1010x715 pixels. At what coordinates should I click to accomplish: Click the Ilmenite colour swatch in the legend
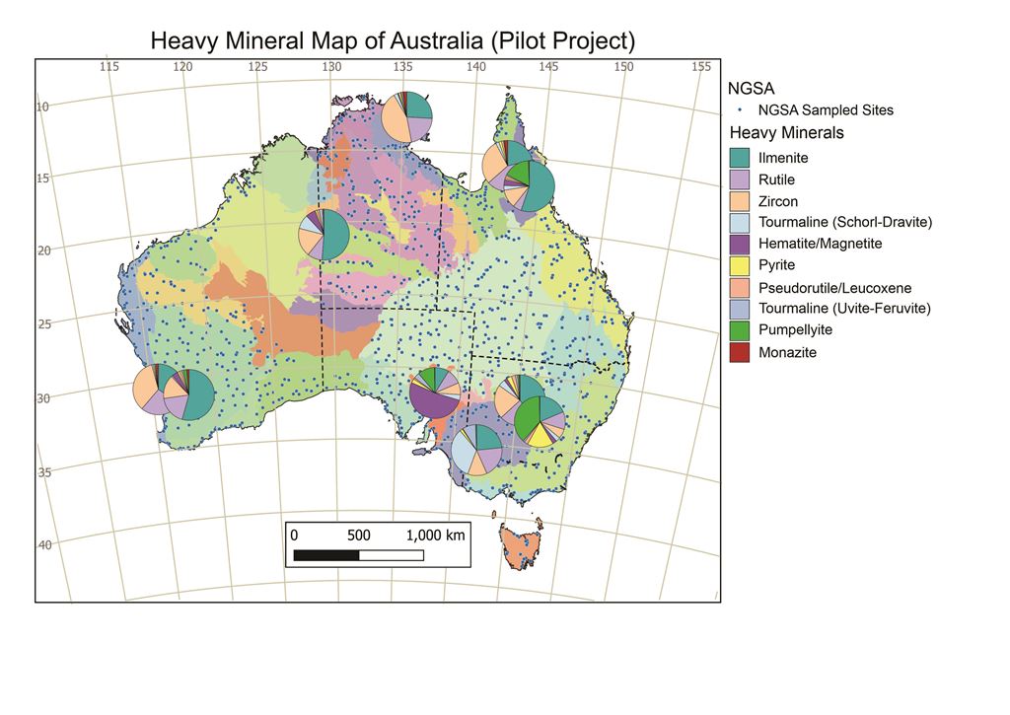[740, 158]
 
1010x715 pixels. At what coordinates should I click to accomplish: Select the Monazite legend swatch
[740, 352]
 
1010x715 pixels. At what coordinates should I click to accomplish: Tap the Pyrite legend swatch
[740, 265]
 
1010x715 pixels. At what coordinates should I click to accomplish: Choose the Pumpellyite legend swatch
[740, 330]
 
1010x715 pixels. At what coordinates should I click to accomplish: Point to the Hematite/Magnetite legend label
[820, 244]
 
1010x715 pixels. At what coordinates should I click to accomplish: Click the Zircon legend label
[778, 201]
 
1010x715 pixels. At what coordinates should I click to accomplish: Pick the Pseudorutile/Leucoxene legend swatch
[740, 287]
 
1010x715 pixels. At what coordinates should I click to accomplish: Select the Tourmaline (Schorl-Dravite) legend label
[845, 222]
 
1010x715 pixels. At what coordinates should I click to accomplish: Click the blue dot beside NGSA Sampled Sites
[739, 110]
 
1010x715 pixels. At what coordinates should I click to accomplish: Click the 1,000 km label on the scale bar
[435, 535]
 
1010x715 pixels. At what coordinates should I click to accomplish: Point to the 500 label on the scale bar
[359, 535]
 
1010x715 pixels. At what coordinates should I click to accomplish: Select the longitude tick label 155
[701, 67]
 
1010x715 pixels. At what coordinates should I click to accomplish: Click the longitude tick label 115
[109, 67]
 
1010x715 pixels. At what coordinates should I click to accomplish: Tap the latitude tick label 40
[43, 544]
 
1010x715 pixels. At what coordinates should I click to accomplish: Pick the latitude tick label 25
[43, 322]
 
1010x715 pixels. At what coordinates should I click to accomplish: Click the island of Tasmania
[519, 545]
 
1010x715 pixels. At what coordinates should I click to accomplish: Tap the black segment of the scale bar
[326, 555]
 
